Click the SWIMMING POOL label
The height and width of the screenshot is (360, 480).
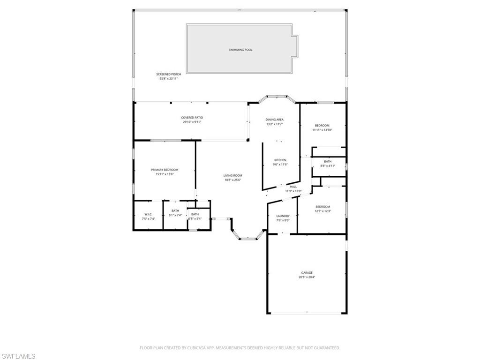[240, 50]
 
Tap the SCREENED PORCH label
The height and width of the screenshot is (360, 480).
[169, 74]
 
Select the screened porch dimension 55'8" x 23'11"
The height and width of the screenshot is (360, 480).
[169, 79]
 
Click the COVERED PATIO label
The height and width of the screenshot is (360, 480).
[192, 118]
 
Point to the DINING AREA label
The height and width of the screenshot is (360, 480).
[275, 120]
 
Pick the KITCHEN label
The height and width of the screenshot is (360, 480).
[280, 160]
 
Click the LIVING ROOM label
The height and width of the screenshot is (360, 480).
[232, 175]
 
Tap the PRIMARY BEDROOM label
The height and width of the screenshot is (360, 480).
[165, 170]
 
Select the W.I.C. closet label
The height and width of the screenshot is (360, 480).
[148, 214]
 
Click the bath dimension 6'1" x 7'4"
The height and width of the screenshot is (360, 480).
[175, 215]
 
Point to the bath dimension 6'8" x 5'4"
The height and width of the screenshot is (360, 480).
[195, 218]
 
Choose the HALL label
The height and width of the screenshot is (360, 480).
[293, 187]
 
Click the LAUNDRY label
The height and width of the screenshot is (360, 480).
[283, 216]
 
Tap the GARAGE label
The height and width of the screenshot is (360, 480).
[307, 272]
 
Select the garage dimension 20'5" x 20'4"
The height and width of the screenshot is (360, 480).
[307, 277]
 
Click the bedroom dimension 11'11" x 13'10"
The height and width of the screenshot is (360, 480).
[322, 130]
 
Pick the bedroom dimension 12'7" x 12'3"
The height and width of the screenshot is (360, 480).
[322, 211]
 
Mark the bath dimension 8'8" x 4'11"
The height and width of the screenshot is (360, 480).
[328, 165]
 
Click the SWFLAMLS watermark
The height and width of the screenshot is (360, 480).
[18, 356]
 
